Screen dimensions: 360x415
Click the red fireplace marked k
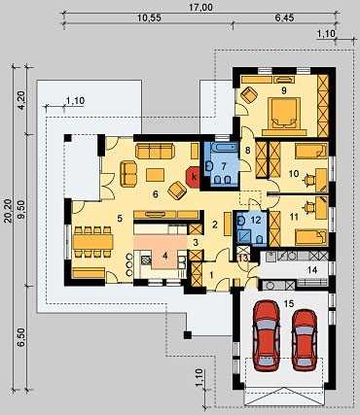[193, 177]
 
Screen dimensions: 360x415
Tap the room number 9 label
[284, 90]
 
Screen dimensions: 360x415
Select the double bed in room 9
[285, 114]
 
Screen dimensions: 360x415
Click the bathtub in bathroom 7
[223, 148]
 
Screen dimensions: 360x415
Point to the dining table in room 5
[93, 242]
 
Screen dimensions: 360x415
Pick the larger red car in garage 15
[267, 335]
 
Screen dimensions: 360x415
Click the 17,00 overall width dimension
[201, 7]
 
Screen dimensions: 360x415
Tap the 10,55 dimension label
[149, 17]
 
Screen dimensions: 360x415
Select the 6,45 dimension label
[285, 17]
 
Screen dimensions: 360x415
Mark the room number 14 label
[312, 269]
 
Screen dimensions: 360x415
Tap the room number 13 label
[243, 259]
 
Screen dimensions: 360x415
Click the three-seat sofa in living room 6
[155, 151]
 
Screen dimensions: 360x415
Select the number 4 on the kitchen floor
[165, 256]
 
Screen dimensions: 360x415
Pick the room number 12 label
[256, 221]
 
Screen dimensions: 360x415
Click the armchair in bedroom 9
[249, 94]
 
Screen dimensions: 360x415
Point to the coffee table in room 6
[155, 175]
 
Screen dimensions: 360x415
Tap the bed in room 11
[311, 237]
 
